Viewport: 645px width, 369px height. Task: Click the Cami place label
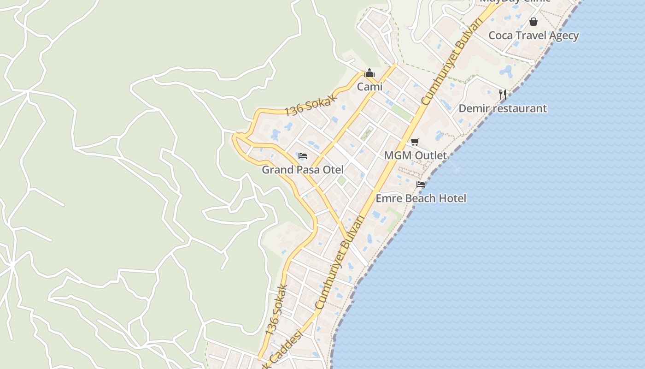[369, 87]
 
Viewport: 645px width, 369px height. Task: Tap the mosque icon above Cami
[369, 73]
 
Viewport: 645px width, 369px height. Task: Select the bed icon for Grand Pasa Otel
[303, 156]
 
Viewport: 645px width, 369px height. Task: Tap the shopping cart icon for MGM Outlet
[415, 142]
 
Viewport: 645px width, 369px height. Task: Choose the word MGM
[397, 155]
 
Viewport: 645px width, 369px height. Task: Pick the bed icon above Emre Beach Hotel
[421, 184]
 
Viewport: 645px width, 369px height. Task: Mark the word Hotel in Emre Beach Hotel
[451, 198]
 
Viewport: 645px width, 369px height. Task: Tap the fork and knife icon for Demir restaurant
[503, 95]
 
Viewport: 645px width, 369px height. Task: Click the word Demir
[473, 108]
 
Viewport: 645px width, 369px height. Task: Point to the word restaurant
[518, 108]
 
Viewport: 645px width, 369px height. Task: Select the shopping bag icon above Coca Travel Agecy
[534, 22]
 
